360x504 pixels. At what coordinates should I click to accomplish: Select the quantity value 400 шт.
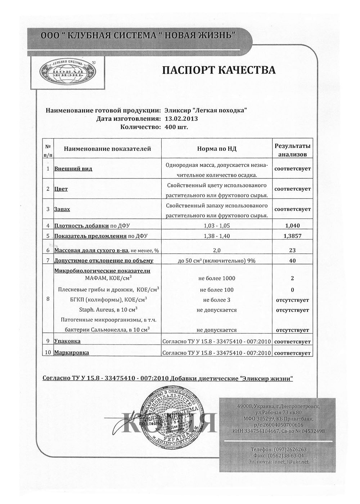[x=176, y=127]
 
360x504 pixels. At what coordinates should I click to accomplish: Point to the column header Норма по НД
[x=217, y=149]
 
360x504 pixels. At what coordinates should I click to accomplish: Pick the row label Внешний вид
[x=73, y=169]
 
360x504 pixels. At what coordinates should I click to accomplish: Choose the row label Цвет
[x=61, y=189]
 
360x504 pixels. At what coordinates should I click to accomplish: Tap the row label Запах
[x=62, y=209]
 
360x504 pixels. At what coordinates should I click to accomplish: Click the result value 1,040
[x=292, y=226]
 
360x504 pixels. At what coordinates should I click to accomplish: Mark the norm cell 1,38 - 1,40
[x=217, y=236]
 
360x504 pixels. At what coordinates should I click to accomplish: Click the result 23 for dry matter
[x=292, y=250]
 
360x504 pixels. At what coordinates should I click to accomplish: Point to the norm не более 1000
[x=217, y=278]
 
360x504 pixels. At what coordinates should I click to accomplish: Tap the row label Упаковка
[x=67, y=341]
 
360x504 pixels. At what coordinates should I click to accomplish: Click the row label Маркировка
[x=71, y=353]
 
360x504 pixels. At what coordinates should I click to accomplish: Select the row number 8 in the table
[x=48, y=298]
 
